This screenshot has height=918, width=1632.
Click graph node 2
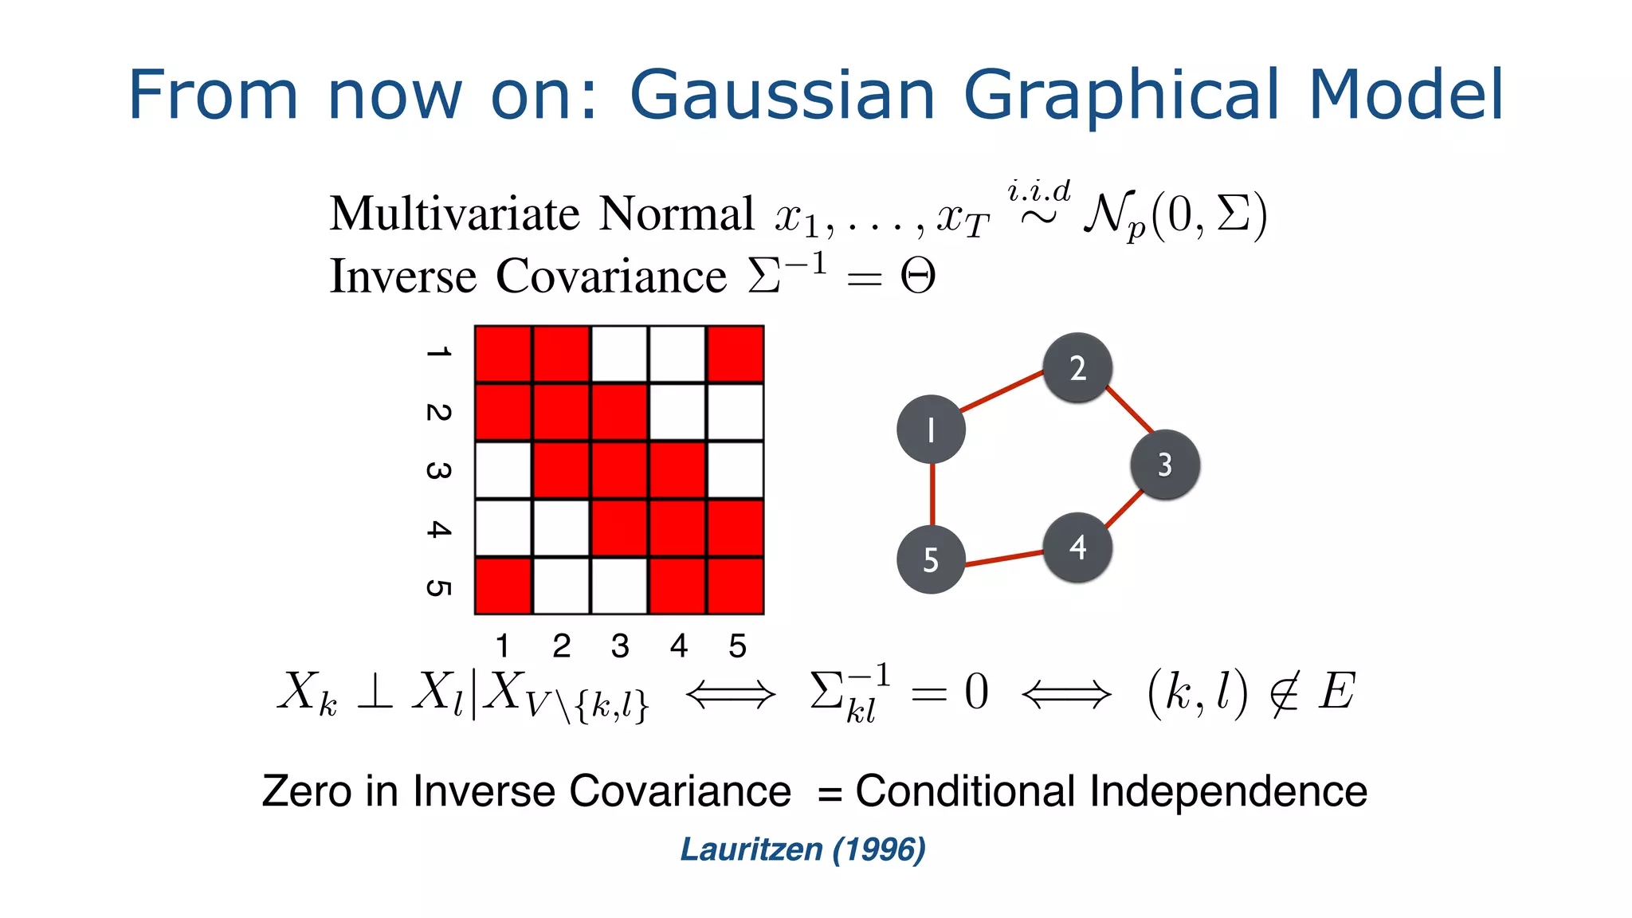(1077, 367)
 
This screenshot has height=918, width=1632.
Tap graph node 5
(931, 559)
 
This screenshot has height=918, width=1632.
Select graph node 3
(1165, 465)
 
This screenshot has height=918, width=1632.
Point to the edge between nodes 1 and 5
(932, 494)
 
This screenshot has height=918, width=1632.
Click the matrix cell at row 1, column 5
(736, 355)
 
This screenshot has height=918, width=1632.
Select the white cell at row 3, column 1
(504, 470)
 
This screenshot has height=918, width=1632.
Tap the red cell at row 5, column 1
(504, 586)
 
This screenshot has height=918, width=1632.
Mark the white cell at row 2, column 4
(677, 412)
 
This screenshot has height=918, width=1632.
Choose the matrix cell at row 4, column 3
(619, 528)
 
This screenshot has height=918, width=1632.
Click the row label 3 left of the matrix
(438, 470)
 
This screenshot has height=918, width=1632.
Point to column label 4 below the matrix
(679, 646)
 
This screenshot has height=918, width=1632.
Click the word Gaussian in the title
(782, 96)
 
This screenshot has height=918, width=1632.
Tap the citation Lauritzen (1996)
(802, 849)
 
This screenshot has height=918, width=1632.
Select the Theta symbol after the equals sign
(917, 277)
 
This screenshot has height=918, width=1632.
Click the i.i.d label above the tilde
(1038, 192)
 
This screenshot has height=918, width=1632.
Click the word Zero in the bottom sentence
(307, 791)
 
